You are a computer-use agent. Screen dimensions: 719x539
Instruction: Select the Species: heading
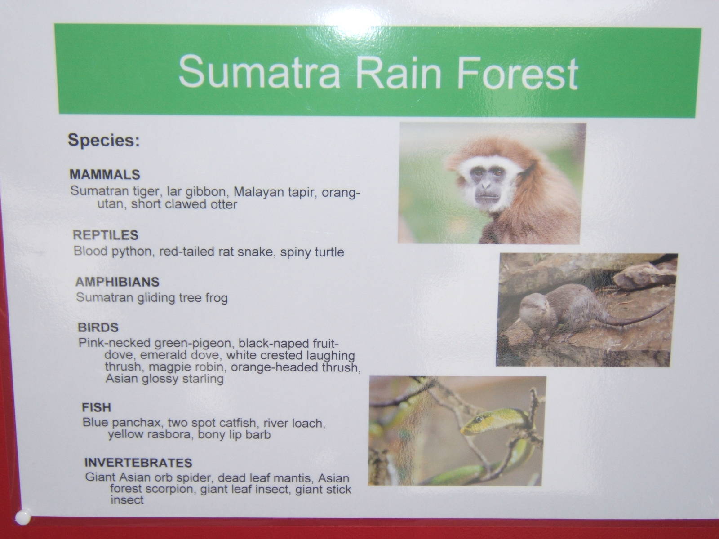104,141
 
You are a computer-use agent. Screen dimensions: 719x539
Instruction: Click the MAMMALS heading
105,174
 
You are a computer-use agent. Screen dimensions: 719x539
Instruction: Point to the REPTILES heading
106,234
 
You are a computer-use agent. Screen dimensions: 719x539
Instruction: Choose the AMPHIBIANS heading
117,282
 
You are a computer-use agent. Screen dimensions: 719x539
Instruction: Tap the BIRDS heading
98,327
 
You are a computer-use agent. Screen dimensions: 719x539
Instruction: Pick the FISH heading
96,407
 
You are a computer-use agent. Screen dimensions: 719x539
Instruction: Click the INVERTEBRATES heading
138,463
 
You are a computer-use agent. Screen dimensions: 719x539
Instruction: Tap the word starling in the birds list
203,379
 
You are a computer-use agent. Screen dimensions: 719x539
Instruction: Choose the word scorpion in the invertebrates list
169,490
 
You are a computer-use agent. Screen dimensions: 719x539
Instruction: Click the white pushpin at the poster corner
23,517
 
